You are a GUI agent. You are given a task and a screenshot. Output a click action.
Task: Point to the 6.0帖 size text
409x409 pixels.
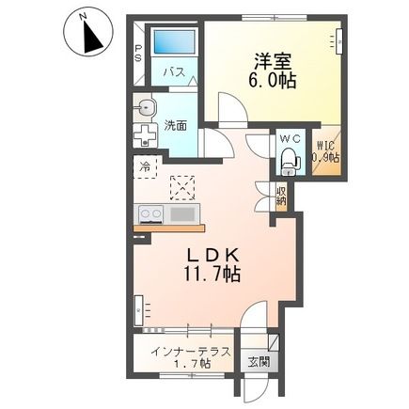point(272,82)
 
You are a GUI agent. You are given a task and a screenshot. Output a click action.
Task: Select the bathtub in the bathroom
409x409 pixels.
point(173,42)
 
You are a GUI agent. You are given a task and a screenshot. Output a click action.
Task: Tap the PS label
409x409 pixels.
point(138,53)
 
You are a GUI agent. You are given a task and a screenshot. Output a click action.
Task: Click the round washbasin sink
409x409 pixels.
point(145,107)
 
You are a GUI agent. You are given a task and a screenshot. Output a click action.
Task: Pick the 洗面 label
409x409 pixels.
point(175,124)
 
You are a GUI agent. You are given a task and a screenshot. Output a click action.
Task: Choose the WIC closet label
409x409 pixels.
point(325,151)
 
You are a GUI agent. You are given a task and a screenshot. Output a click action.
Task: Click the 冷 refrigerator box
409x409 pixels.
point(146,167)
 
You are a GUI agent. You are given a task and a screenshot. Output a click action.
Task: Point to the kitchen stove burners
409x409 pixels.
point(150,213)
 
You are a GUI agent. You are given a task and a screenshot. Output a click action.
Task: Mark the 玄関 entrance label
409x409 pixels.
point(259,361)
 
